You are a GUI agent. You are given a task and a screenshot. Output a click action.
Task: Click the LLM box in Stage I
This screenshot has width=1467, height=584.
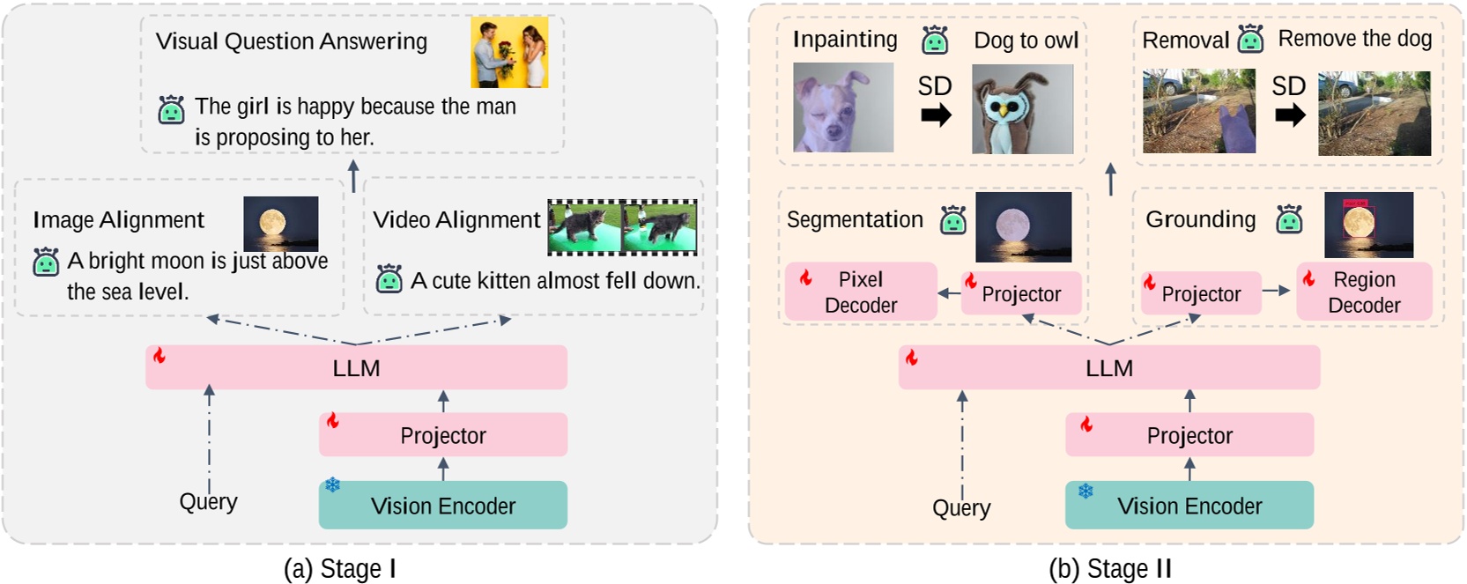point(356,367)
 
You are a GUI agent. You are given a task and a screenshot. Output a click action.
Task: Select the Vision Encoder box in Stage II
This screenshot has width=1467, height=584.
point(1189,506)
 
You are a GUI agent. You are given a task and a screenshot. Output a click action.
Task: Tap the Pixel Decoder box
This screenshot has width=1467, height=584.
point(860,292)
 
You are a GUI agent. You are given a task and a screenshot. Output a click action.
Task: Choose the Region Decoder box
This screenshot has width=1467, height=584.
point(1363,292)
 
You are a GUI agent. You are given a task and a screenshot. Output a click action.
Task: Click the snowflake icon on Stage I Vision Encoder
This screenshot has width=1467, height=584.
point(333,485)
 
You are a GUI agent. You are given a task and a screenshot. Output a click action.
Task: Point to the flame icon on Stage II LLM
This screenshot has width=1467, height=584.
point(912,357)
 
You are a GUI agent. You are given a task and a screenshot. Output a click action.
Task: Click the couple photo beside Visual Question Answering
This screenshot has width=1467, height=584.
point(508,52)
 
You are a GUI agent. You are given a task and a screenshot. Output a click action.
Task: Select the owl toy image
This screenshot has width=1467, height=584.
point(1022,109)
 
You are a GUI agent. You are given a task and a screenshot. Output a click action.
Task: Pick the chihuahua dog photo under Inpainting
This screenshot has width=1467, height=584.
point(842,107)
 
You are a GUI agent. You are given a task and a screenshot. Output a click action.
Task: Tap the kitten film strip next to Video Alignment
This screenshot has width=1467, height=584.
point(622,227)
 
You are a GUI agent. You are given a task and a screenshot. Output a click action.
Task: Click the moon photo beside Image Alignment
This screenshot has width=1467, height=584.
point(280,224)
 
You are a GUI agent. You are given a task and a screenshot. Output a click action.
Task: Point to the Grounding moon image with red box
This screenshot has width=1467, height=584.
point(1367,225)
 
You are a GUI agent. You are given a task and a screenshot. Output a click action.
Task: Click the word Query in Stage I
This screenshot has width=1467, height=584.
point(208,502)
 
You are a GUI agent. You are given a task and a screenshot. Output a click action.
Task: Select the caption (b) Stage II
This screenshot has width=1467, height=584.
point(1109,569)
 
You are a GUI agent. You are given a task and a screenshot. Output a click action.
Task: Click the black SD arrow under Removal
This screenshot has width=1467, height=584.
point(1290,115)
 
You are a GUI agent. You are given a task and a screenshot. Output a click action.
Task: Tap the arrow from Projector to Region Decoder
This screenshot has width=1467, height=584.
point(1277,291)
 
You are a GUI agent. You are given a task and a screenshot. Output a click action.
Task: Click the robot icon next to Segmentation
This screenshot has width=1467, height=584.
point(953,220)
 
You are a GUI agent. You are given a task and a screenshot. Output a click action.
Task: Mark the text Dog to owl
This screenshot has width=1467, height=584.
point(1026,41)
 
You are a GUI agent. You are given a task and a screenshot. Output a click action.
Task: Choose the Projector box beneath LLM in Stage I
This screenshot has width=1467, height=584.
point(442,435)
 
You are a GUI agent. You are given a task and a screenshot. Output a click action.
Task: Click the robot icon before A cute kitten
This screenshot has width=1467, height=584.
point(389,279)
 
